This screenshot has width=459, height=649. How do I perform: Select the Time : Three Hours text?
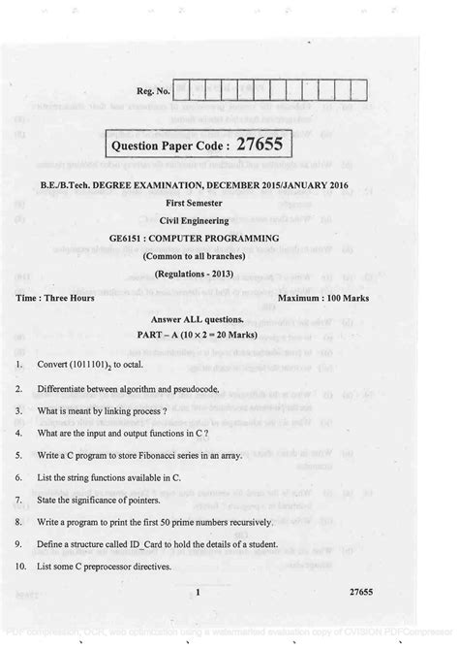click(x=55, y=298)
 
